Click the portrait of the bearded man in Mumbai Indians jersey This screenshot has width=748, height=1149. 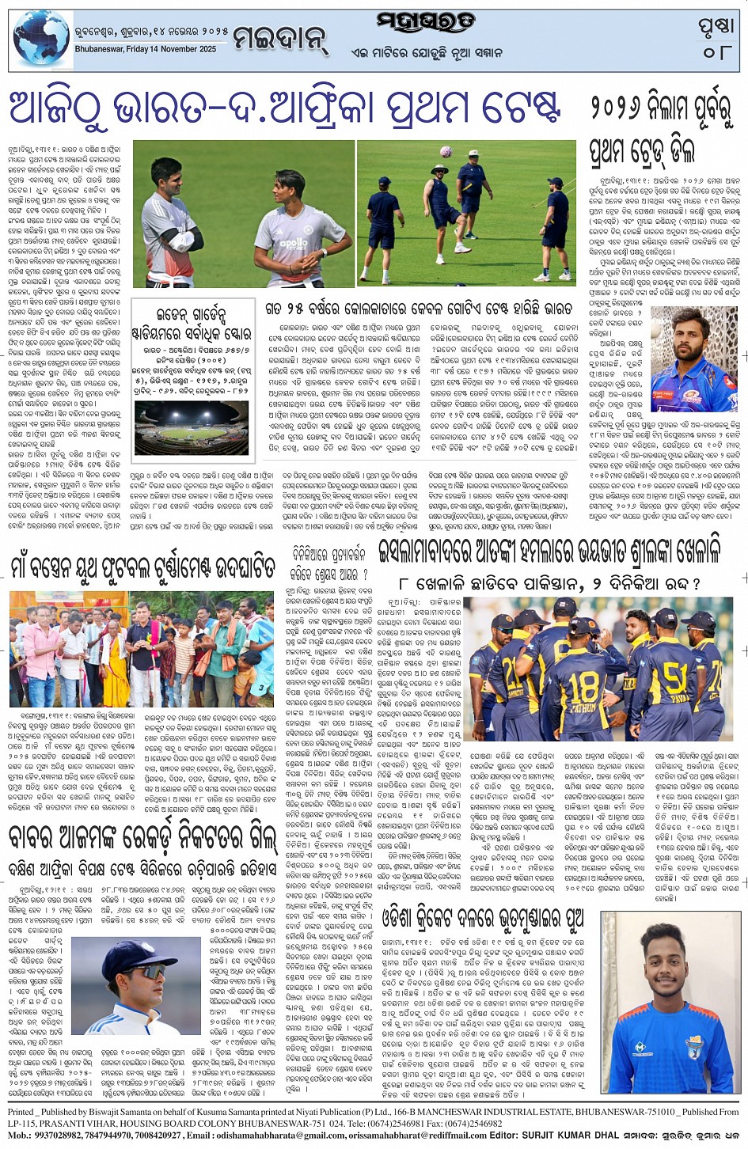pyautogui.click(x=693, y=359)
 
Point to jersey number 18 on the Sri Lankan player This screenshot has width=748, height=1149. pyautogui.click(x=584, y=682)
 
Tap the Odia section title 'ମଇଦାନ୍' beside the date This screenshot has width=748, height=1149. pyautogui.click(x=281, y=37)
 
